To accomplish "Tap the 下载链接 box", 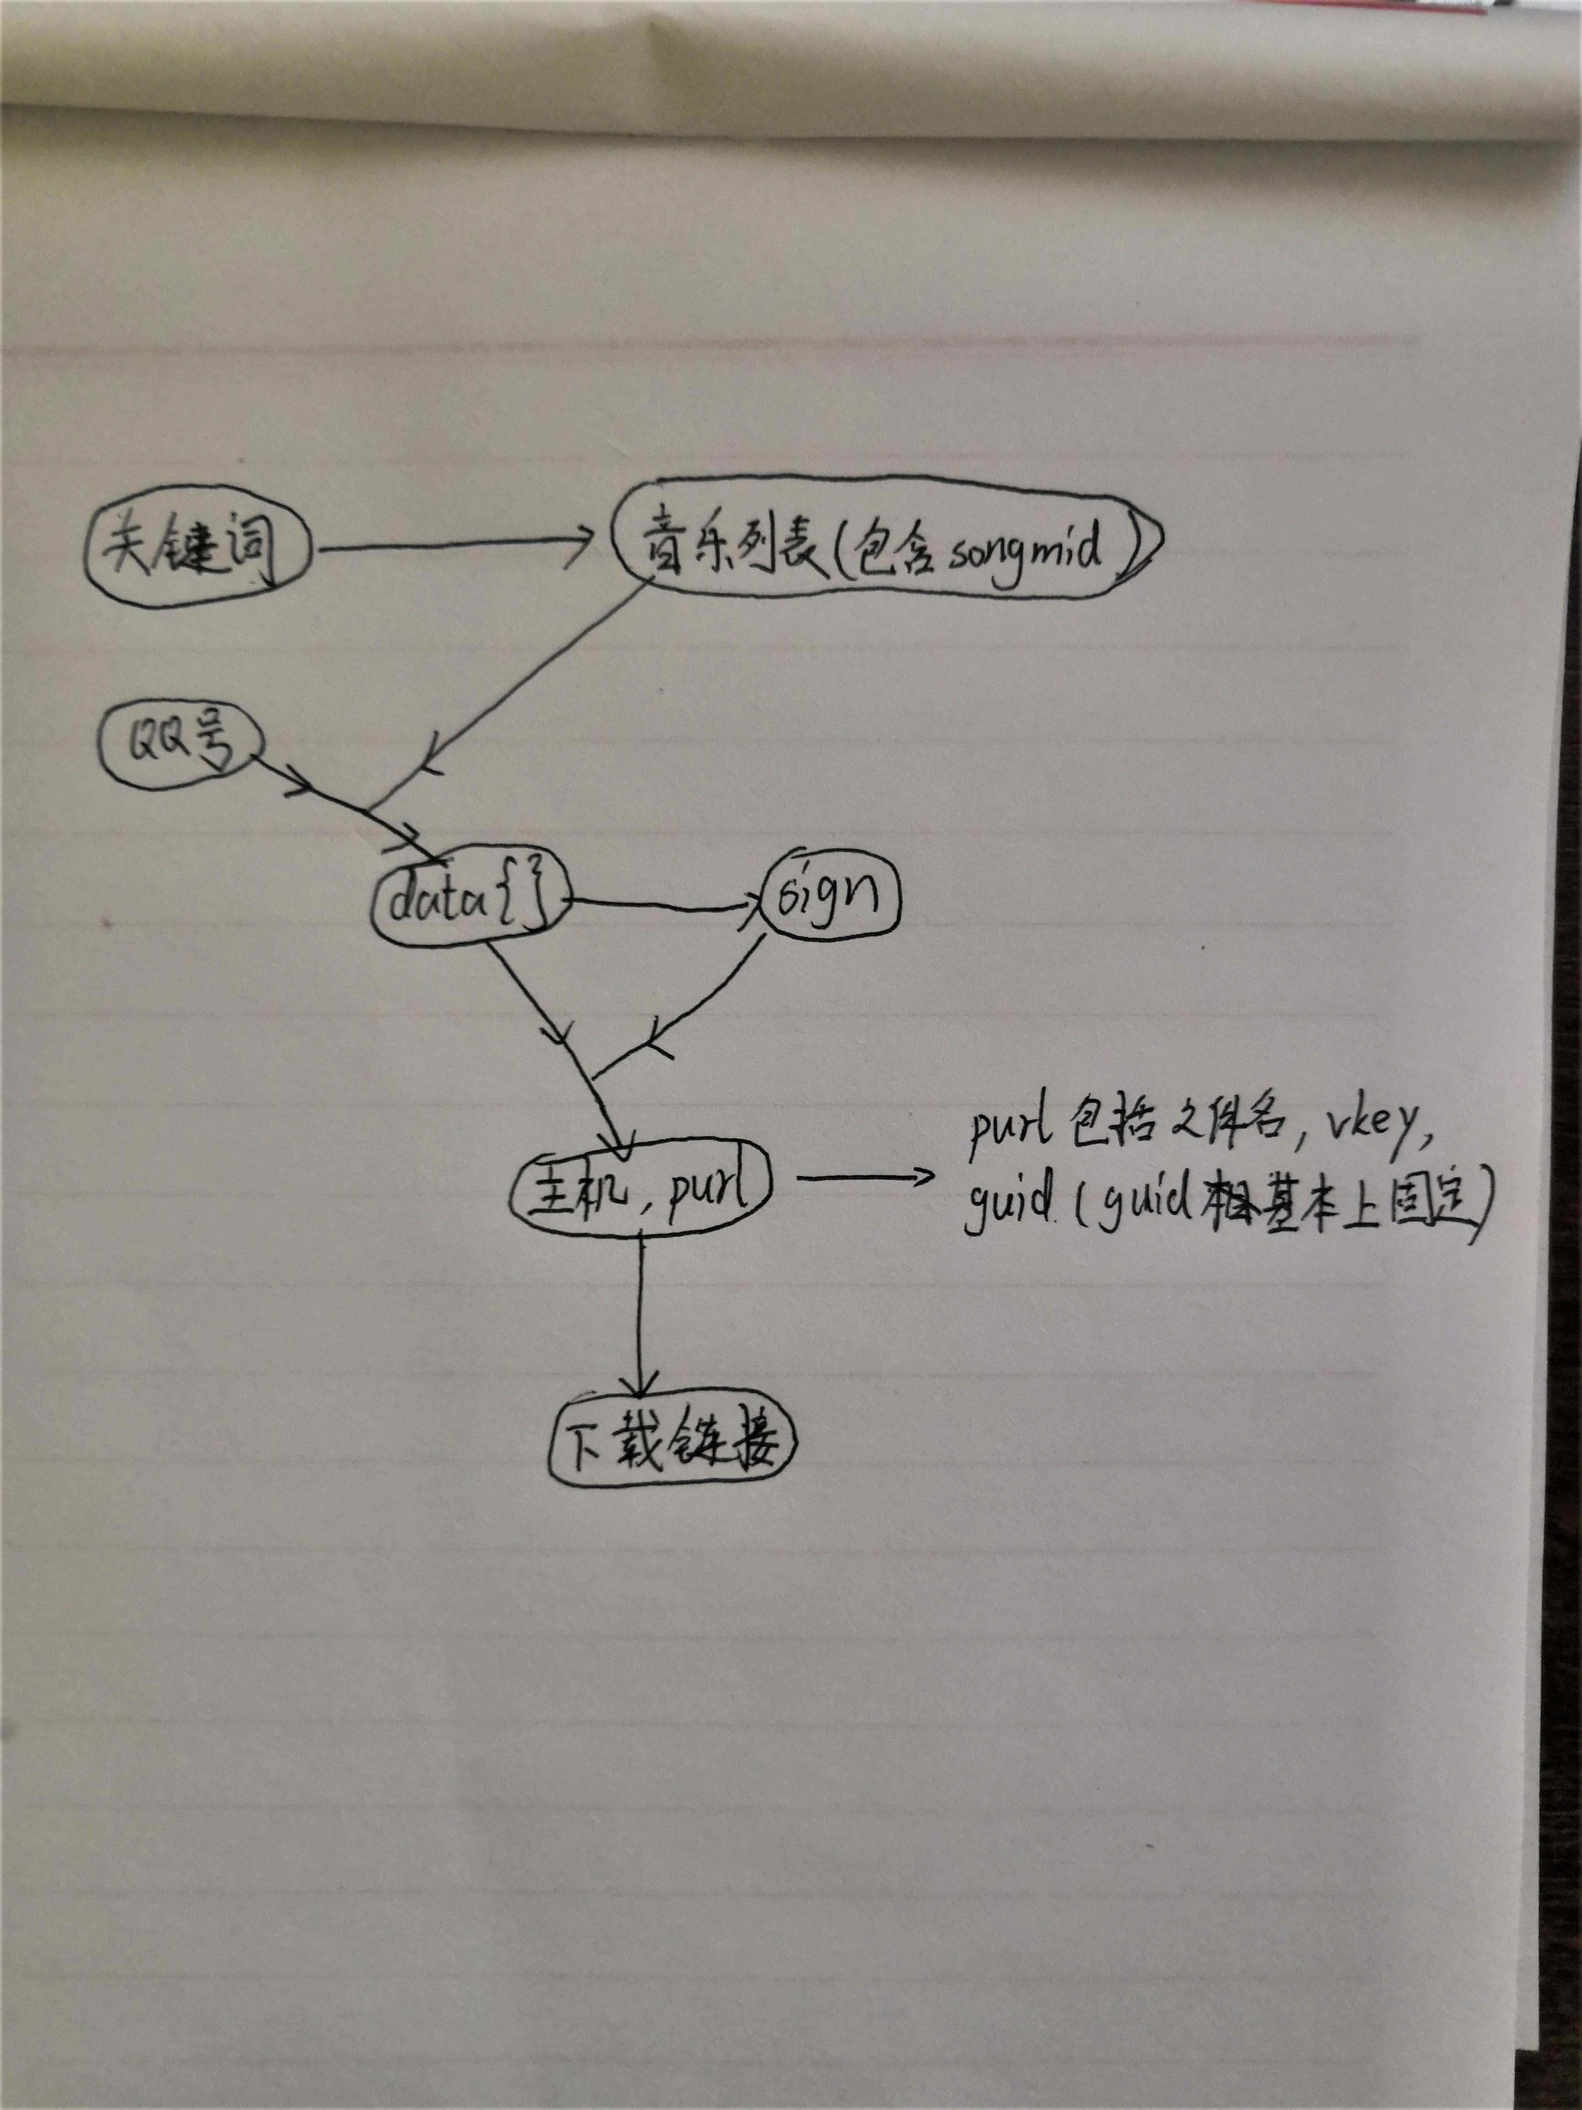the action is tap(672, 1443).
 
